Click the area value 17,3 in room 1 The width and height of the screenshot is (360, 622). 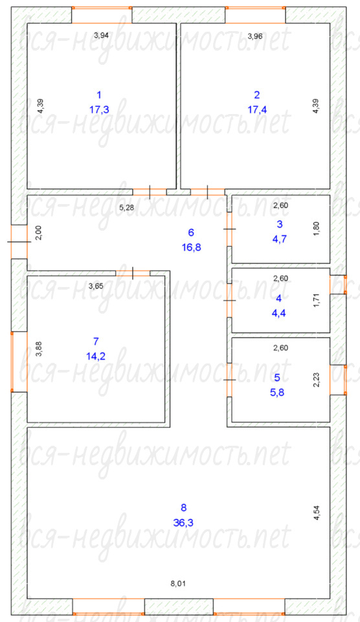point(99,109)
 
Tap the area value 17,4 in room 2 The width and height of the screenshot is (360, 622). point(257,109)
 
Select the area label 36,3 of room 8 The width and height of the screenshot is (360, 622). point(183,523)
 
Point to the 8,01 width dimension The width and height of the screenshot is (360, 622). point(178,583)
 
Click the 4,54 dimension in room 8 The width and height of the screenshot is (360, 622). point(316,512)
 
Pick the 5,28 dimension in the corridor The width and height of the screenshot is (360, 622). point(126,207)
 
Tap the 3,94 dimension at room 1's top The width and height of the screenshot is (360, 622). point(101,35)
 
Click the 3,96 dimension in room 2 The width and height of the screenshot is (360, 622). point(255,36)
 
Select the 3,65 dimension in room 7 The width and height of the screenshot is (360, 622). point(96,286)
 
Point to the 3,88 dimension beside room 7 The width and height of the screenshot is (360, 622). point(39,349)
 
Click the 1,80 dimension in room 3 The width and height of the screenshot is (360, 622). point(316,229)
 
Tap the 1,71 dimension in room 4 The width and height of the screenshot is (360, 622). point(316,300)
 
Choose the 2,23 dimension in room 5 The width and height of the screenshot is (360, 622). point(316,379)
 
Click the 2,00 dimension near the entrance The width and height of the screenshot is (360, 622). point(39,233)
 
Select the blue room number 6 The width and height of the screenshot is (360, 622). point(191,233)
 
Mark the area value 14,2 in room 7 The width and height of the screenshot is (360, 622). point(96,356)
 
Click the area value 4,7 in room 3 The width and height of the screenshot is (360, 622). point(280,239)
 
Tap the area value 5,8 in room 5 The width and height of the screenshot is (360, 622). point(277,393)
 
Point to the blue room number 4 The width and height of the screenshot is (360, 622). point(278,298)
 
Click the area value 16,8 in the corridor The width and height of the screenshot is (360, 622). point(191,248)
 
